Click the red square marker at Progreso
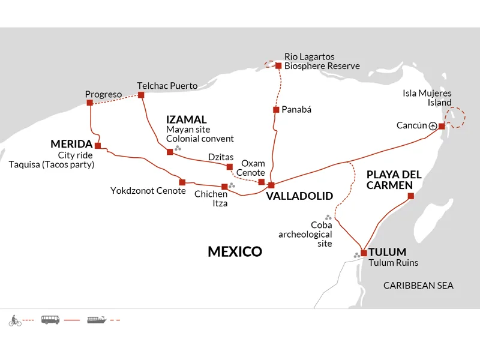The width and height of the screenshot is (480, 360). (x=89, y=103)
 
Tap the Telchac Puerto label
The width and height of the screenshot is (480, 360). (x=167, y=86)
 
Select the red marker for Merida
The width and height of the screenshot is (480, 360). (x=98, y=146)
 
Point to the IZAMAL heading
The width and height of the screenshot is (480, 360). (x=187, y=119)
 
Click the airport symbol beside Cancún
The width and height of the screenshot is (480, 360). (x=433, y=126)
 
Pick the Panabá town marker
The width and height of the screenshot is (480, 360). (x=276, y=110)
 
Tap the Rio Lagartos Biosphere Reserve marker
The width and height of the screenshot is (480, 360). (x=278, y=66)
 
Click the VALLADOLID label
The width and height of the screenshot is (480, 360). (x=299, y=196)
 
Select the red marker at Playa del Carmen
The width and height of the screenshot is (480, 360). (x=411, y=196)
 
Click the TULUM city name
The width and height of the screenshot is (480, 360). (x=387, y=252)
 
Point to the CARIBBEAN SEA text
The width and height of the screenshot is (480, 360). (x=418, y=286)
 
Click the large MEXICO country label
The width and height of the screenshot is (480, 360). (x=235, y=251)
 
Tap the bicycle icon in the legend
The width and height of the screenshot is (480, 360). (x=15, y=320)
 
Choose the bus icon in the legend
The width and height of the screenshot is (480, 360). (x=50, y=320)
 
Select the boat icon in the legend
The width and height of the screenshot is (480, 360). (x=97, y=320)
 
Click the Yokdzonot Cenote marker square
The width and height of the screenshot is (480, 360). (x=182, y=182)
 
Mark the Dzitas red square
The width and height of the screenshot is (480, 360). (x=230, y=167)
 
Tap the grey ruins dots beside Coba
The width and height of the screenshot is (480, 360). (x=328, y=217)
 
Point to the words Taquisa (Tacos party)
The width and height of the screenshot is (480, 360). (x=52, y=164)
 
